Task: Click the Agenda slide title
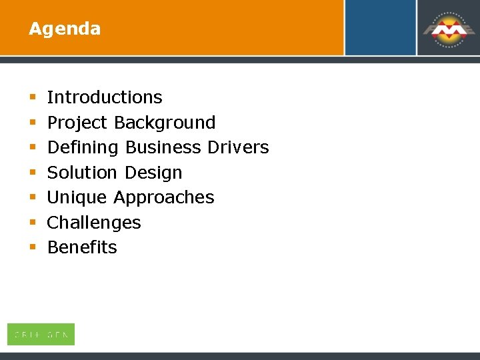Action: (x=65, y=29)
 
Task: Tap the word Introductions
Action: (x=105, y=97)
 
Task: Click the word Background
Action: (x=165, y=123)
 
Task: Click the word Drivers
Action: (x=237, y=147)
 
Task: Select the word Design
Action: (x=153, y=173)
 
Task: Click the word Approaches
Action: (x=163, y=197)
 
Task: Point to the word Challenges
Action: (x=94, y=223)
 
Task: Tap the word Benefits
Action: (x=82, y=247)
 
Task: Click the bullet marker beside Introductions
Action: (x=32, y=98)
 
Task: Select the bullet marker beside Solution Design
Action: (x=32, y=173)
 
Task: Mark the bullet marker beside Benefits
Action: (x=32, y=248)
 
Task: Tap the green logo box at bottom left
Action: (x=41, y=334)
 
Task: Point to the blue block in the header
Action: (x=380, y=27)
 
